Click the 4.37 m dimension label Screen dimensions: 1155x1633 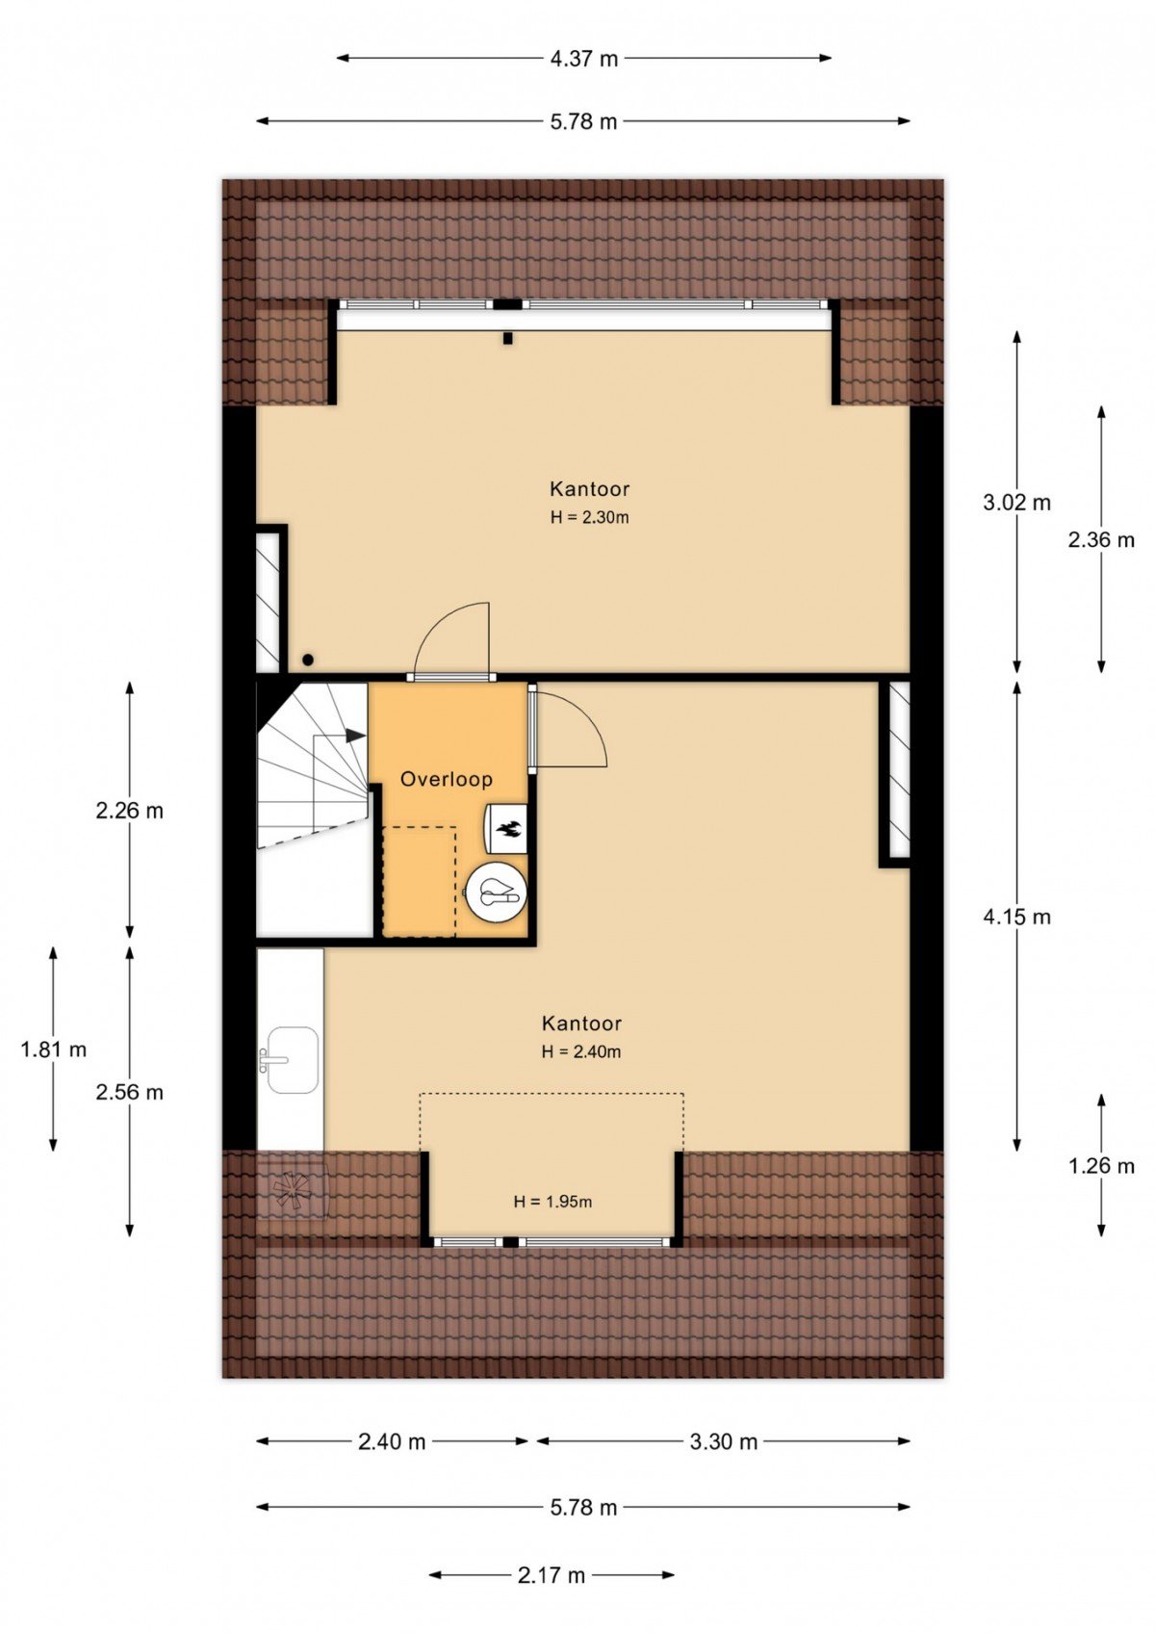click(x=583, y=59)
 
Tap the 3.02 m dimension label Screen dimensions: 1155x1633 click(x=1016, y=503)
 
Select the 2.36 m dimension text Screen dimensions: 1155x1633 click(x=1101, y=540)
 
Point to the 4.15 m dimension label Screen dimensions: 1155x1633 click(x=1016, y=917)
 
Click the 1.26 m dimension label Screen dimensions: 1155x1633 click(x=1101, y=1166)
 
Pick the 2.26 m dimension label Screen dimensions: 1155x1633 click(x=129, y=811)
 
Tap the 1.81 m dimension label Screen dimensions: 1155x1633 click(x=53, y=1050)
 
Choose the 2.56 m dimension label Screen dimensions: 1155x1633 click(x=129, y=1092)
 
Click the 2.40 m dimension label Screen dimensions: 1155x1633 click(x=392, y=1441)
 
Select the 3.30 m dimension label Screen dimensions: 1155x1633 click(x=724, y=1441)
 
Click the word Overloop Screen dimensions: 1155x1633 click(x=447, y=779)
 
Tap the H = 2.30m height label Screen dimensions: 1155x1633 click(x=589, y=518)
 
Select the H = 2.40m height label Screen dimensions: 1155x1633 click(x=581, y=1051)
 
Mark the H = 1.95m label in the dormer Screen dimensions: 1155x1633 click(x=552, y=1202)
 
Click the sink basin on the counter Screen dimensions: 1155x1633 click(x=293, y=1060)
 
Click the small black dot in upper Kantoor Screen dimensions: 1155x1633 click(x=307, y=660)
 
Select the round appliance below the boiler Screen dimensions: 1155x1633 click(x=496, y=894)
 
